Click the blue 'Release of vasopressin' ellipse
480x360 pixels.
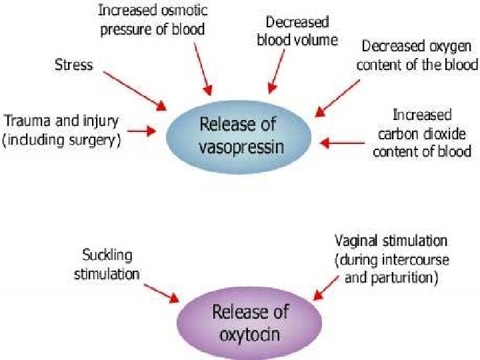pos(238,137)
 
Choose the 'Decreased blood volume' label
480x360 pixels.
pos(297,32)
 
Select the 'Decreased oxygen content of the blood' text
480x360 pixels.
pos(417,55)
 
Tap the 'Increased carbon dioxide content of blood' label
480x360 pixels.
pos(421,133)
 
